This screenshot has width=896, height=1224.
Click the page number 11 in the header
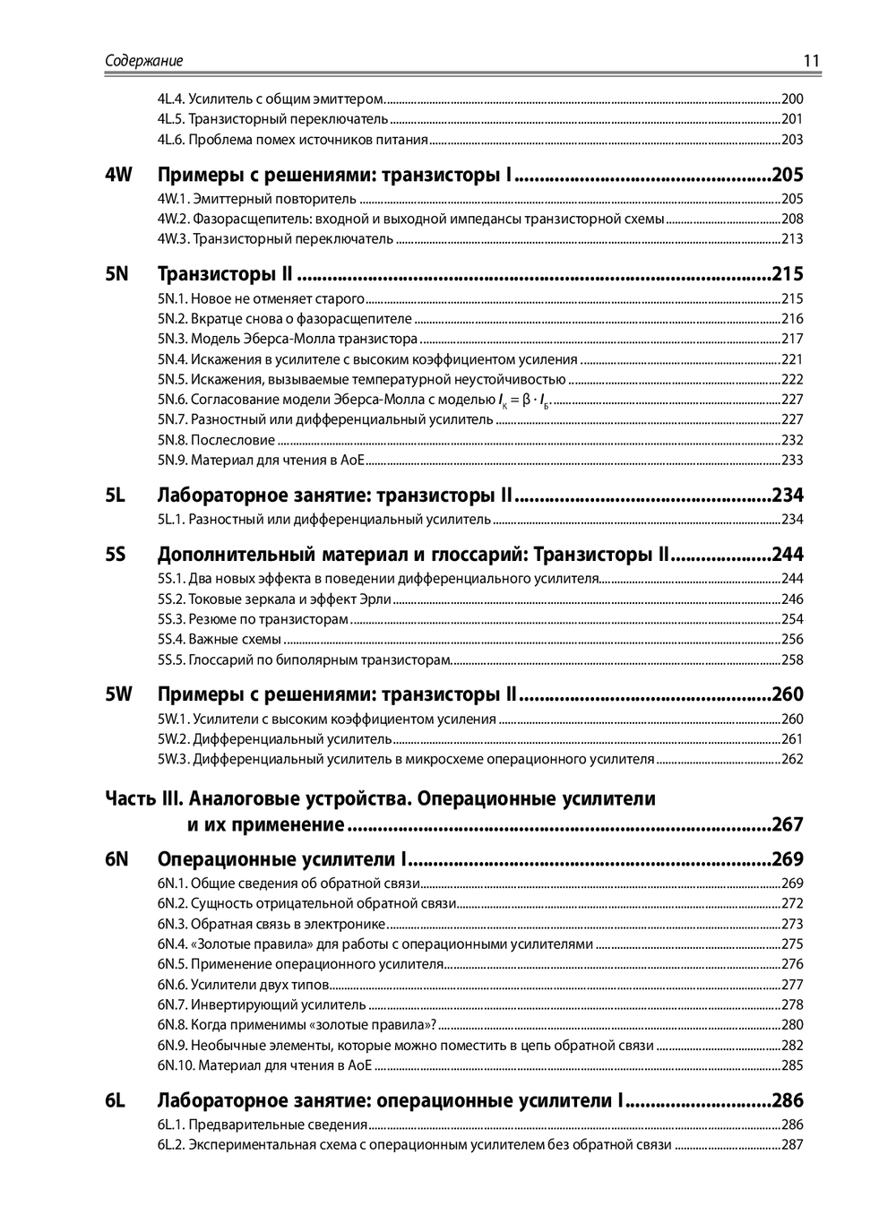point(811,61)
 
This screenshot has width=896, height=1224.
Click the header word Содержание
point(144,61)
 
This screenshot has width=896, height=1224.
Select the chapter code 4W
point(118,175)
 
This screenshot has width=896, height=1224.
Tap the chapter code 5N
point(117,274)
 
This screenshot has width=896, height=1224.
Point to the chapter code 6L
point(115,1100)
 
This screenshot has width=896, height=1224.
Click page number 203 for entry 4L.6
point(792,140)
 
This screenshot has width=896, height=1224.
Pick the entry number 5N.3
point(172,339)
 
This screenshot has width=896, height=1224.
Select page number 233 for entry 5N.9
point(792,461)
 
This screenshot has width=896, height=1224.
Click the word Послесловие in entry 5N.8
point(233,440)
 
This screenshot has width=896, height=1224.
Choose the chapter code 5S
point(116,555)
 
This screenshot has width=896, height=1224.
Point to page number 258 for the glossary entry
point(792,660)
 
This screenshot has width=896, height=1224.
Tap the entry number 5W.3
point(174,760)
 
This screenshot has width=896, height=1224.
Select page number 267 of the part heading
point(788,824)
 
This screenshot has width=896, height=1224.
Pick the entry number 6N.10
point(176,1065)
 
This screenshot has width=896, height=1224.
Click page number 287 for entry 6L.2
point(792,1145)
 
